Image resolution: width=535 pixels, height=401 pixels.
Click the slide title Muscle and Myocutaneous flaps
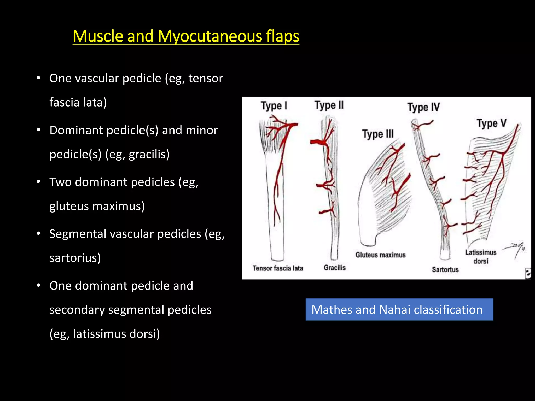tap(186, 36)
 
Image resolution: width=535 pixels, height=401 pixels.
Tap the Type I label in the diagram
tap(274, 106)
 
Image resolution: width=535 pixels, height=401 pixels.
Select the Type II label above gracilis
tap(329, 105)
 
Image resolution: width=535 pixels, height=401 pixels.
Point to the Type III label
tap(378, 134)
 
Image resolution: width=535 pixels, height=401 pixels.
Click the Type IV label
tap(423, 107)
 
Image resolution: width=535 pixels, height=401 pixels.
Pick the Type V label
tap(491, 123)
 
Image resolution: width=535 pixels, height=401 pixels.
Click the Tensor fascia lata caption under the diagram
tap(278, 268)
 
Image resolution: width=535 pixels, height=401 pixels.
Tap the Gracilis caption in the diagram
tap(335, 268)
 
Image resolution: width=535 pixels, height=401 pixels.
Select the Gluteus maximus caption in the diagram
tap(380, 255)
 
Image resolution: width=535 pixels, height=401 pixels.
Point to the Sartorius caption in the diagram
tap(445, 269)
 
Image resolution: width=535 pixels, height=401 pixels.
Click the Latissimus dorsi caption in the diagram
tap(481, 257)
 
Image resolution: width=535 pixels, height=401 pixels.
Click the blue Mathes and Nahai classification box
tap(399, 310)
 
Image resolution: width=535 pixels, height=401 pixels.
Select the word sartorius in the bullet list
tap(75, 258)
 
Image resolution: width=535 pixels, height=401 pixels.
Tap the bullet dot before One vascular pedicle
tap(38, 78)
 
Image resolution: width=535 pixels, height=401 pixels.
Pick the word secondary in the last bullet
tap(77, 310)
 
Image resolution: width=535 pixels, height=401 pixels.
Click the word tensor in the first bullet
tap(206, 78)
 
